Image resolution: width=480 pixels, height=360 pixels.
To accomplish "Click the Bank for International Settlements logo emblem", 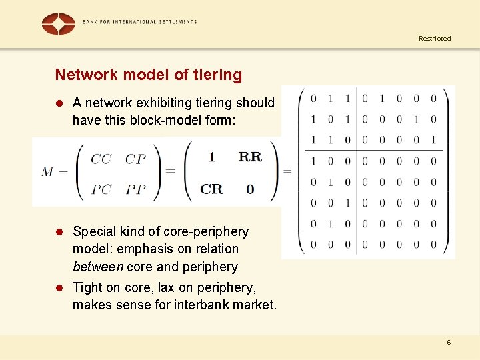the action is point(58,23).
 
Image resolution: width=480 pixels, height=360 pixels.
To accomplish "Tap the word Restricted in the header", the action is point(435,39).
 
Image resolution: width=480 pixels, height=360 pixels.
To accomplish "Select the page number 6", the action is point(449,342).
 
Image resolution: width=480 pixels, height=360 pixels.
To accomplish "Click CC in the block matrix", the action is point(101,159).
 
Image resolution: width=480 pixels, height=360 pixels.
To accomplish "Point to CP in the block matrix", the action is point(135,159).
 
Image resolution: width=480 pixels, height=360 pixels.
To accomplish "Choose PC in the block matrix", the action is point(101,189).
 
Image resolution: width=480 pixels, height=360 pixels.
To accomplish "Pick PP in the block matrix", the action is point(135,189).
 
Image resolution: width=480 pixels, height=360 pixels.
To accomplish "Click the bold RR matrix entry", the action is point(250,157).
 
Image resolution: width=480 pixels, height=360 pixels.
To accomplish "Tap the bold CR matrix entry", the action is point(211,189).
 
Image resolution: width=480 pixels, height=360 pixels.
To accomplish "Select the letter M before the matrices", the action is point(47,172).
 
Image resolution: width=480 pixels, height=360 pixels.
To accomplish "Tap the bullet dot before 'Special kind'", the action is point(59,232).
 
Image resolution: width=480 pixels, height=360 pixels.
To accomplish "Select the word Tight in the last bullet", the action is point(87,287).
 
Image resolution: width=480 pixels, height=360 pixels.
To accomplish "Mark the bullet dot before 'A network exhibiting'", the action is point(59,103).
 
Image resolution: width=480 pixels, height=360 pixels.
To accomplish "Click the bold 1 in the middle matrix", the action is point(211,157).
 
